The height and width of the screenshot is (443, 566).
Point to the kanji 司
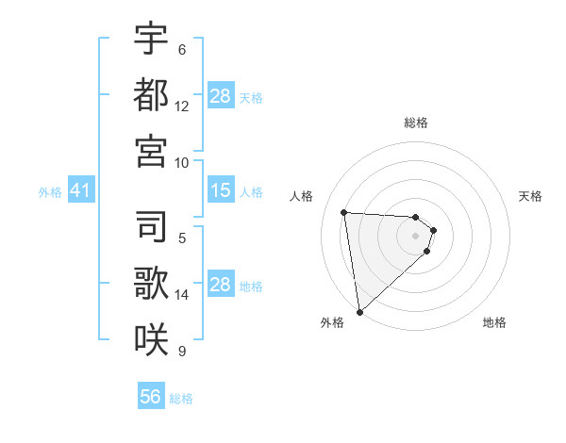click(x=151, y=225)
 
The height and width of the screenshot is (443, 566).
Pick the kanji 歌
click(x=151, y=282)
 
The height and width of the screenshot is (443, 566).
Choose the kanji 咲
click(x=151, y=337)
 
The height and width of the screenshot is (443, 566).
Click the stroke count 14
click(x=182, y=295)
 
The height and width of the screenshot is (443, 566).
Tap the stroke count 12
click(x=182, y=107)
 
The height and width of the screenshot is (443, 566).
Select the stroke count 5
click(x=181, y=238)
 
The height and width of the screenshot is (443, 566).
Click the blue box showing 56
click(x=151, y=397)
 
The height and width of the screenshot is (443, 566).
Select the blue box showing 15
click(x=220, y=191)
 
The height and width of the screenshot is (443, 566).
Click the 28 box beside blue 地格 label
click(x=220, y=286)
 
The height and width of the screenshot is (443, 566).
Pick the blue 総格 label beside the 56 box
click(x=181, y=399)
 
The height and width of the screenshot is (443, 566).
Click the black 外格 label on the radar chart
click(x=332, y=322)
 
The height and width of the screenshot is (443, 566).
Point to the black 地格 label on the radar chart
click(x=494, y=322)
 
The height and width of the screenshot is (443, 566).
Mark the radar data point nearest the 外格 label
click(x=359, y=311)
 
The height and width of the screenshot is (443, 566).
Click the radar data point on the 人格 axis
click(x=344, y=212)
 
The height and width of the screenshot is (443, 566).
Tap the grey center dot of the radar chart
click(x=415, y=236)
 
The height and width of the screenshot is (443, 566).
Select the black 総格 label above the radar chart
click(x=415, y=123)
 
